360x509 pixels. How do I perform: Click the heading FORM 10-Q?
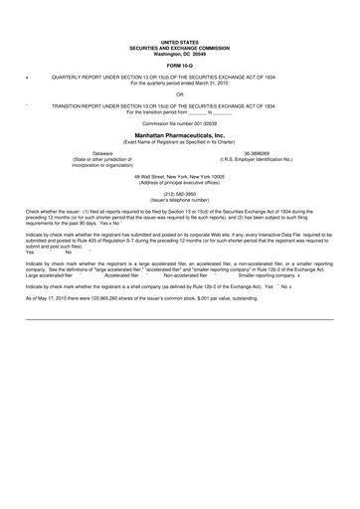point(179,67)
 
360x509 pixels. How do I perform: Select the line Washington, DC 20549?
point(179,51)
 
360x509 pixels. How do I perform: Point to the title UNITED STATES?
point(179,41)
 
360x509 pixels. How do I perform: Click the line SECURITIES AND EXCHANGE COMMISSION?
point(179,46)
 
